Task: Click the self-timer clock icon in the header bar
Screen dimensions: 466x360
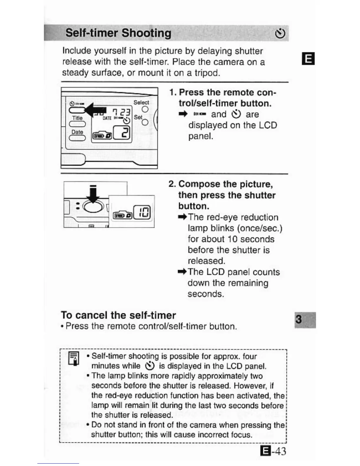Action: point(280,34)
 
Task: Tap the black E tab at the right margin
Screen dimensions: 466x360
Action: point(308,58)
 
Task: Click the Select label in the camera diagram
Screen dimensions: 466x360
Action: point(141,102)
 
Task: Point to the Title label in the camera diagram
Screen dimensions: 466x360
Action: point(77,118)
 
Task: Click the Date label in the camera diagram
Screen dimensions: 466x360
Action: point(77,132)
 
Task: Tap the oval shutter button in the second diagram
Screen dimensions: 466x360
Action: point(93,206)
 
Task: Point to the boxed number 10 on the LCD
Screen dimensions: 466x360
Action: point(142,212)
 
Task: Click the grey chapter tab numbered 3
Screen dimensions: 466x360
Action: point(305,319)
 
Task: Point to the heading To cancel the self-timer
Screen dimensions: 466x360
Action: point(118,315)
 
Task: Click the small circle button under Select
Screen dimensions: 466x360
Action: point(145,109)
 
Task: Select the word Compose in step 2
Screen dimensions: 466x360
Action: point(199,184)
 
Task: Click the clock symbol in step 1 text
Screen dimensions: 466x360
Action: point(236,114)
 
